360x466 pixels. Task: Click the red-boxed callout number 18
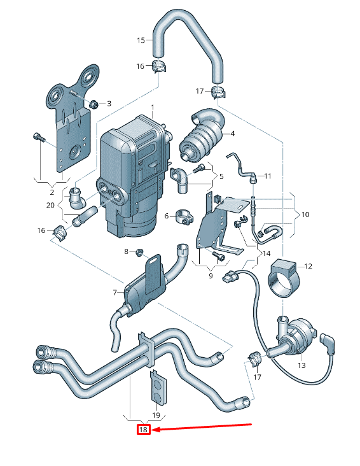pyautogui.click(x=143, y=430)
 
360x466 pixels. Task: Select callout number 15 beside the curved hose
pyautogui.click(x=141, y=40)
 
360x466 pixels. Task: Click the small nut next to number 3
pyautogui.click(x=93, y=103)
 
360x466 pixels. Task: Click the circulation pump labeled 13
pyautogui.click(x=295, y=336)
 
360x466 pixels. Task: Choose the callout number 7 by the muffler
pyautogui.click(x=114, y=292)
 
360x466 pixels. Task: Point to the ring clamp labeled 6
pyautogui.click(x=180, y=216)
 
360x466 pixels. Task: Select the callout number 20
pyautogui.click(x=51, y=205)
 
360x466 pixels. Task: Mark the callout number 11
pyautogui.click(x=268, y=176)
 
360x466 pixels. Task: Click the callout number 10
pyautogui.click(x=305, y=215)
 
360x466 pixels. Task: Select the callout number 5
pyautogui.click(x=221, y=176)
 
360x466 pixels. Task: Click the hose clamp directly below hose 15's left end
pyautogui.click(x=159, y=66)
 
